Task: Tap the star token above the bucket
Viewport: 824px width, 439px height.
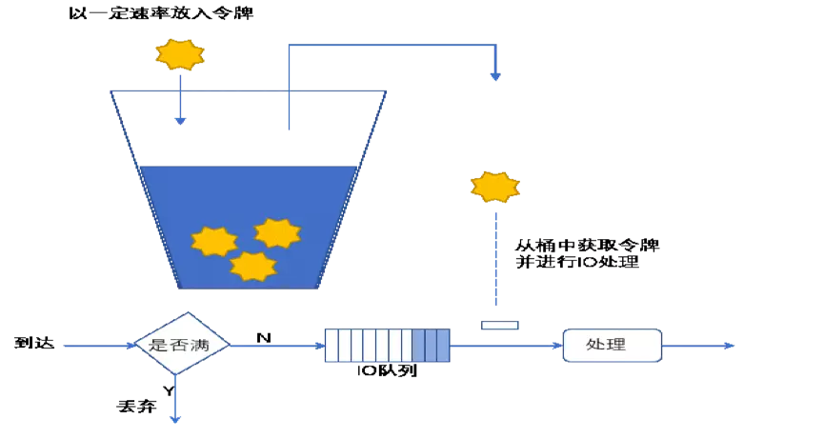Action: pyautogui.click(x=180, y=54)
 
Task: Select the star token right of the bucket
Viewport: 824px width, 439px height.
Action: pyautogui.click(x=495, y=186)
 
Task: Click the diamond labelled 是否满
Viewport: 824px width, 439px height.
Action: pyautogui.click(x=180, y=344)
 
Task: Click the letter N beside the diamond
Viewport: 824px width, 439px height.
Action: pyautogui.click(x=263, y=336)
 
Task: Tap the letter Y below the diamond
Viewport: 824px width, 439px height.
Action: pyautogui.click(x=169, y=390)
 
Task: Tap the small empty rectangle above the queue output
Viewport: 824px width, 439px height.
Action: pyautogui.click(x=500, y=325)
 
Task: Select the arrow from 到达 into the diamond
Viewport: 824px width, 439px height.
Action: pyautogui.click(x=95, y=346)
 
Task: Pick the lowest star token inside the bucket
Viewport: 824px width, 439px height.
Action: pyautogui.click(x=253, y=266)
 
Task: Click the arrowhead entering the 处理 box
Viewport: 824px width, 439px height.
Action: pyautogui.click(x=556, y=346)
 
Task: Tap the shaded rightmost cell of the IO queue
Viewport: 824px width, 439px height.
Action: pyautogui.click(x=443, y=345)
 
